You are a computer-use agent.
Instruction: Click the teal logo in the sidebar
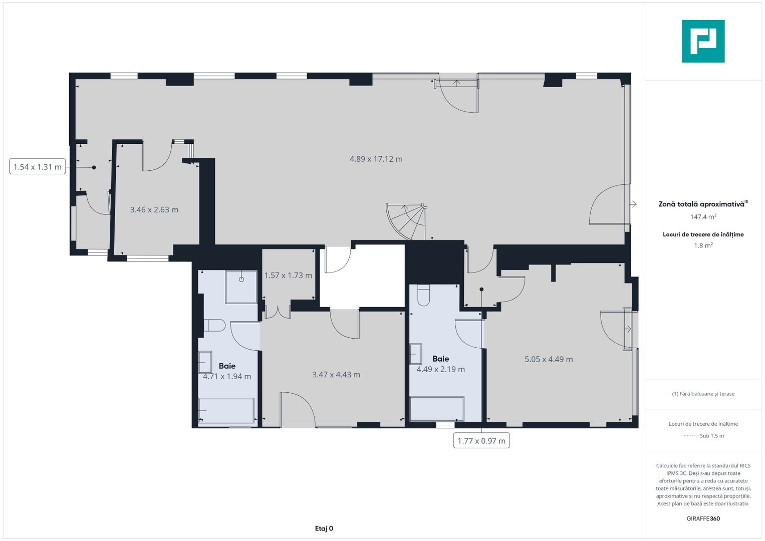703,41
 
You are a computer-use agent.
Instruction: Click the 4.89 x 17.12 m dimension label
376,159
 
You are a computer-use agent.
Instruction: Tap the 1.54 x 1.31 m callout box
38,167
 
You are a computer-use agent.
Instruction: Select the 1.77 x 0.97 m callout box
481,441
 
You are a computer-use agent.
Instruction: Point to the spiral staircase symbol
407,221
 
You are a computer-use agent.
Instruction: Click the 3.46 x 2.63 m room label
154,210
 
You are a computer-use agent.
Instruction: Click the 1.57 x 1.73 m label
288,276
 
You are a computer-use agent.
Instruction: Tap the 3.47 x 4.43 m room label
336,375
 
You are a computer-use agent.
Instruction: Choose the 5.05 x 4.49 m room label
549,359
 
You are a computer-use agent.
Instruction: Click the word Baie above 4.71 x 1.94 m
227,366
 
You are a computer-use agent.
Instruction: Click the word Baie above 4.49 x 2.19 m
441,359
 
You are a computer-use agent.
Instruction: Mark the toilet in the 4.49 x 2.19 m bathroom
424,295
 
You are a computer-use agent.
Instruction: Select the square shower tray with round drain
241,287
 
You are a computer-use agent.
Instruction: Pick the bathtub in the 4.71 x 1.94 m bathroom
226,411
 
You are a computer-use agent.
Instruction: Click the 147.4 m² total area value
703,217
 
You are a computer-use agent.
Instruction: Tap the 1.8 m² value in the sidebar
703,245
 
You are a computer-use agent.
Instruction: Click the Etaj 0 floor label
324,528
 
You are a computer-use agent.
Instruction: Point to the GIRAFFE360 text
703,518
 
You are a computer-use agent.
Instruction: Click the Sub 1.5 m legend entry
711,436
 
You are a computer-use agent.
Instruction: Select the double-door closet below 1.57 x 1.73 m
278,312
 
